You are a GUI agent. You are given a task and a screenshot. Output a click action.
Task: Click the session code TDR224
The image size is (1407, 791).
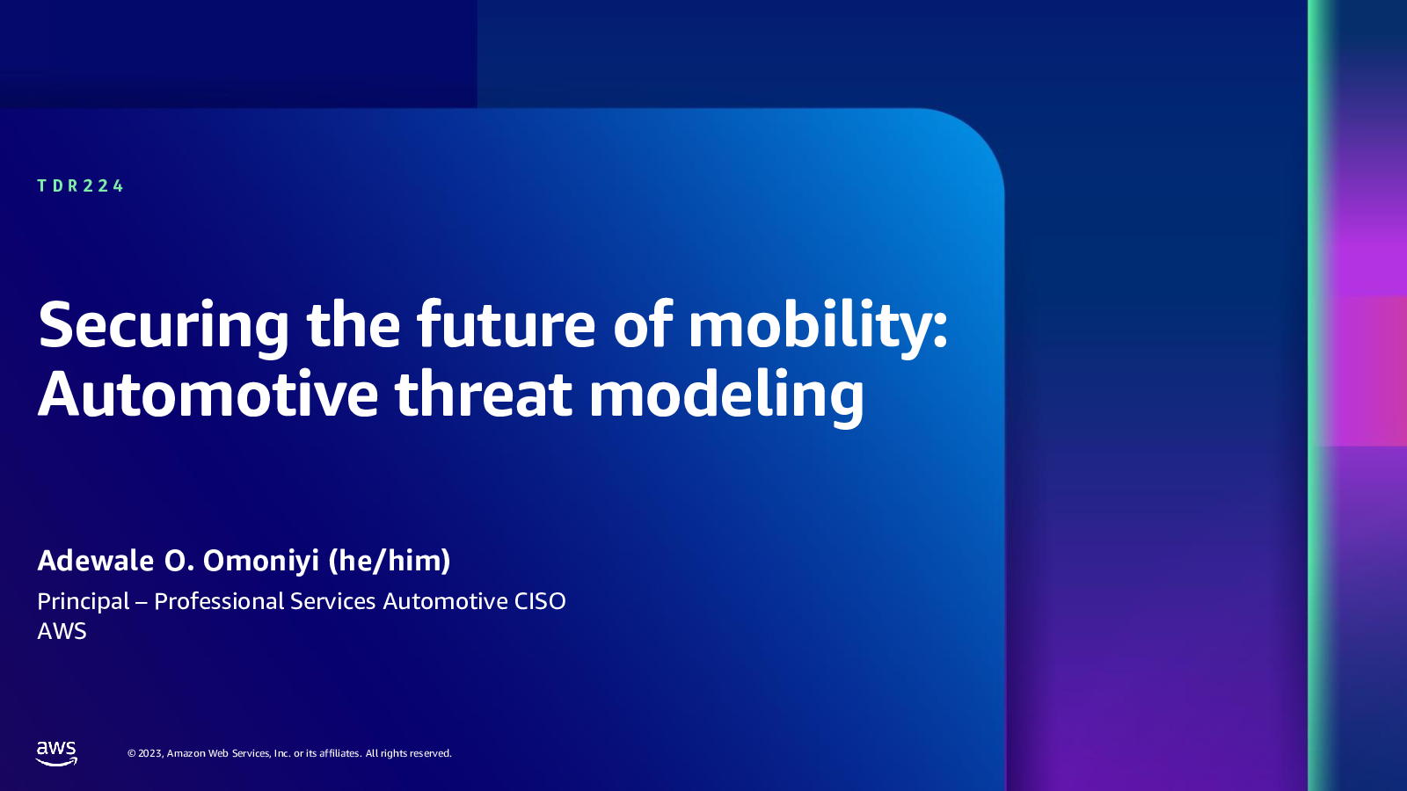(x=80, y=185)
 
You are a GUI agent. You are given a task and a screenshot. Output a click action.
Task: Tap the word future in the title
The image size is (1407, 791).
(x=505, y=324)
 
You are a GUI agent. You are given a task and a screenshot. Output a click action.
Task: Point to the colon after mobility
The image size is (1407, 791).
(x=940, y=330)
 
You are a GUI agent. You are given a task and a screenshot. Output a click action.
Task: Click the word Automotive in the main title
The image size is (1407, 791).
(x=208, y=395)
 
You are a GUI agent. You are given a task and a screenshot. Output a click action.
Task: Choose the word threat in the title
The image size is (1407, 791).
(x=484, y=395)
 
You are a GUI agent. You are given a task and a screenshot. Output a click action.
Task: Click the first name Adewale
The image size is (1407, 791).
(x=96, y=560)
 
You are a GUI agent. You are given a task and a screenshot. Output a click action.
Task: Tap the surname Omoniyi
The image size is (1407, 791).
(x=260, y=561)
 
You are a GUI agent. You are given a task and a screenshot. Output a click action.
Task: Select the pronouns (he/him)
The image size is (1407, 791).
(x=390, y=561)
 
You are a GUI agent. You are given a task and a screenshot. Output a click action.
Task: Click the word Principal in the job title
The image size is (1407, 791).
(x=84, y=601)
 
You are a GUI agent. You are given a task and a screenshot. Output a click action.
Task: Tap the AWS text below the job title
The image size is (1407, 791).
(x=62, y=631)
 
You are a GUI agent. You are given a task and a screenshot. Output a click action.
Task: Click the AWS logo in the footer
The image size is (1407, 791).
(x=56, y=752)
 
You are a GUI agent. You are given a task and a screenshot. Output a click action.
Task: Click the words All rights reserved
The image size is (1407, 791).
(x=408, y=753)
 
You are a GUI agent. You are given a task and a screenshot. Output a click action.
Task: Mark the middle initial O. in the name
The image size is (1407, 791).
(x=179, y=561)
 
